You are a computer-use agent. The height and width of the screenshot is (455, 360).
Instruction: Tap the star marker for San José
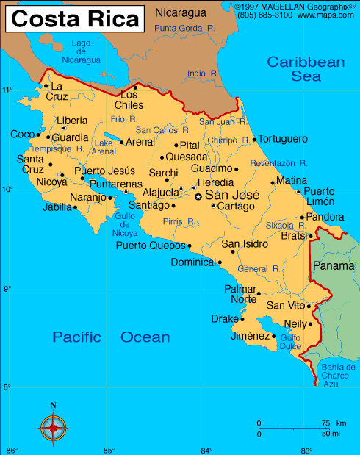pos(198,196)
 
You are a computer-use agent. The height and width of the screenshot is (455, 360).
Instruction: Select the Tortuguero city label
pos(283,139)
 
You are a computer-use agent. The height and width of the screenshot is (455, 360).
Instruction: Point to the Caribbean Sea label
pos(306,68)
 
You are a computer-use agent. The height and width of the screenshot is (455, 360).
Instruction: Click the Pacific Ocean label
pos(111,337)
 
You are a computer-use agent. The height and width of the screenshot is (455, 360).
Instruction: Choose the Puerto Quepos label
pos(151,246)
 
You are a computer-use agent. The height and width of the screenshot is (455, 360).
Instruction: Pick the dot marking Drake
pos(242,319)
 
